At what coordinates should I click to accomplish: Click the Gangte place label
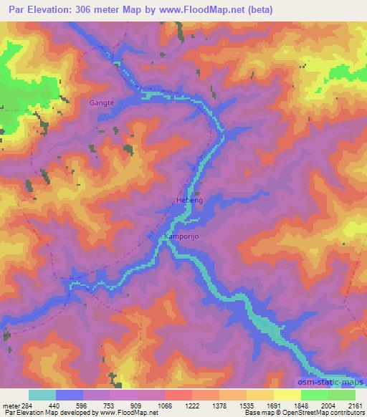[x=102, y=103]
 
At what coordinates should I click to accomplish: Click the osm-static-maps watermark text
[x=330, y=384]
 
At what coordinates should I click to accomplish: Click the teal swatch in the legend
[x=42, y=395]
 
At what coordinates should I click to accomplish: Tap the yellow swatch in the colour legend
[x=287, y=395]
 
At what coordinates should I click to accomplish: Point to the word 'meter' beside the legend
[x=11, y=405]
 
